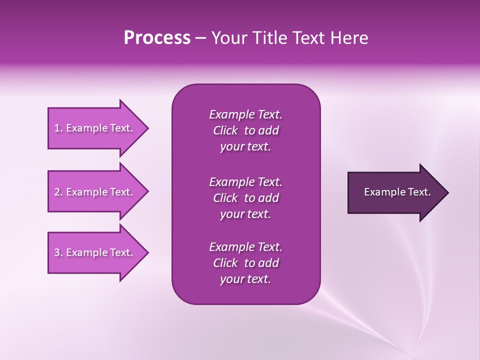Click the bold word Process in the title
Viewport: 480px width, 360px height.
pyautogui.click(x=157, y=38)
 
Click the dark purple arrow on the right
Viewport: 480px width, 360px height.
pyautogui.click(x=395, y=192)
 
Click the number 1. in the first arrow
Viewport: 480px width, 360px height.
pyautogui.click(x=58, y=128)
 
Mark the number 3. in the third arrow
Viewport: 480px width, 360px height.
pyautogui.click(x=58, y=253)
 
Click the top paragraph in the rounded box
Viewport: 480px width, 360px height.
pyautogui.click(x=245, y=130)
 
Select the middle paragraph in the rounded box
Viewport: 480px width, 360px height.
pyautogui.click(x=245, y=198)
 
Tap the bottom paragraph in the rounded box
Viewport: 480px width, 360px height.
pyautogui.click(x=245, y=263)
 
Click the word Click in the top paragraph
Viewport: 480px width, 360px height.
pyautogui.click(x=225, y=130)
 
